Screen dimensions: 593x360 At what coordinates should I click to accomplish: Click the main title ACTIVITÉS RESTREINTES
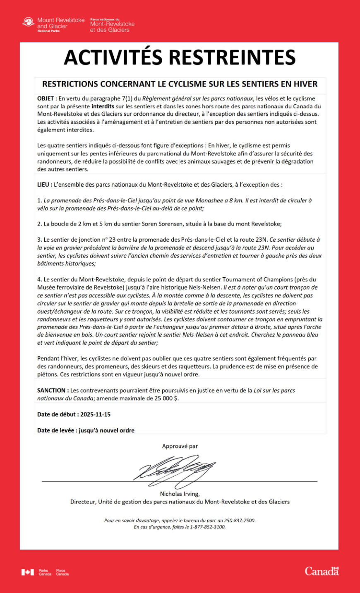[180, 58]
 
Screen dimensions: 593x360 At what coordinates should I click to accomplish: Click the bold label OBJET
[46, 99]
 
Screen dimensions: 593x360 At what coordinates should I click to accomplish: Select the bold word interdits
[103, 106]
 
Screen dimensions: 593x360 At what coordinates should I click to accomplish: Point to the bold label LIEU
[44, 185]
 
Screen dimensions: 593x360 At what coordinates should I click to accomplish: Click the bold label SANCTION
[53, 391]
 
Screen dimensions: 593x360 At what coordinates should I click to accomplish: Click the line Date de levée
[86, 430]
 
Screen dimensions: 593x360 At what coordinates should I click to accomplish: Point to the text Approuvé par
[180, 447]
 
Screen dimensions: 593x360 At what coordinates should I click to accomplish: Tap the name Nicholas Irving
[179, 494]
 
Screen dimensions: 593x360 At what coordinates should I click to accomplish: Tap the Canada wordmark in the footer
[322, 571]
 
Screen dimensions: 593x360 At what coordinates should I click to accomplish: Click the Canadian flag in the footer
[28, 572]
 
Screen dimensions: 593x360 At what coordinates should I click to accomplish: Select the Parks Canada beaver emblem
[28, 22]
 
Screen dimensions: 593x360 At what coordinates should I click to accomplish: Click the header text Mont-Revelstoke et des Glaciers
[112, 27]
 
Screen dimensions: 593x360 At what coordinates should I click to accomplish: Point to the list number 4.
[39, 280]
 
